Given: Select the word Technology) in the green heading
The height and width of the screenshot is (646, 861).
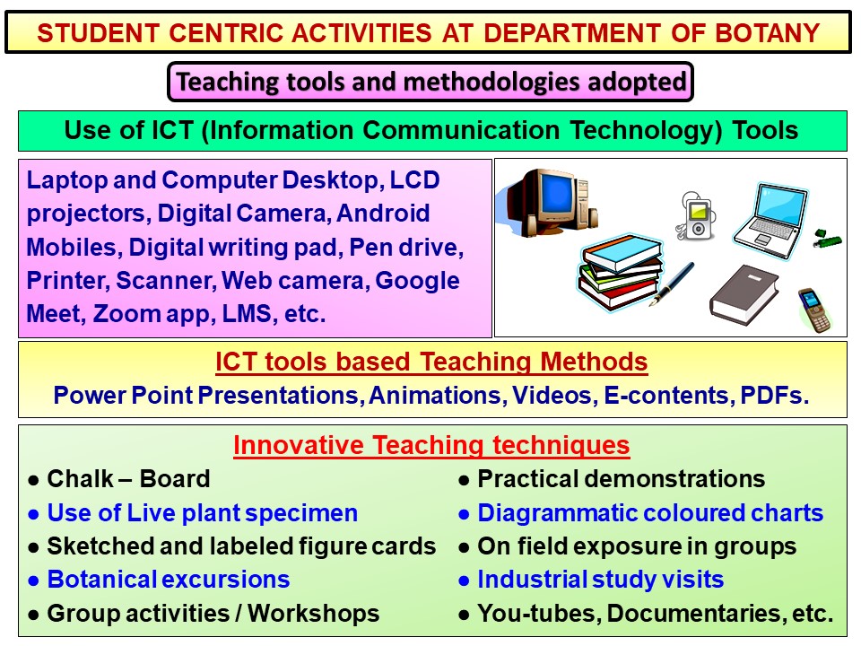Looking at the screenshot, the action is point(645,131).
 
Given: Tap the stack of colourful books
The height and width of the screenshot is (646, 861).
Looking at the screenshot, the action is point(621,272).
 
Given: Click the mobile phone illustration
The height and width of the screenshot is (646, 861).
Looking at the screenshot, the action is point(814,310).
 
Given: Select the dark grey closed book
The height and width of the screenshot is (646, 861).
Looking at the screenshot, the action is point(744,294).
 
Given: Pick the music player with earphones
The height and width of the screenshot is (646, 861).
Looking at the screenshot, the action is point(695,215).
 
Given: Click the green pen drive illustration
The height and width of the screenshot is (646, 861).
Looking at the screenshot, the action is point(828,238).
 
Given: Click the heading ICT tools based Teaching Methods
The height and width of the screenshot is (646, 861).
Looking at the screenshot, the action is point(431,362).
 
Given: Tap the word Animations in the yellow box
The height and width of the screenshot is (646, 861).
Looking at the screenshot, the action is point(436,396).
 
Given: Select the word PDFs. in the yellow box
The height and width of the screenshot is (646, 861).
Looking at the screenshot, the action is point(774,396).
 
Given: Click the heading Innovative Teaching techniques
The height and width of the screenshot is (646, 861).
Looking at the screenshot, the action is point(431,445).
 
